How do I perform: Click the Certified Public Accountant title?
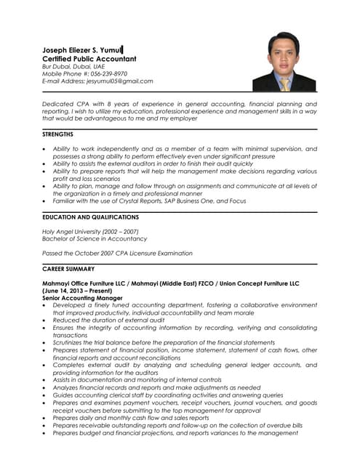(x=89, y=58)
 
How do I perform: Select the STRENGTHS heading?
(x=58, y=134)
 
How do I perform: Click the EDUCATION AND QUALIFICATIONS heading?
(x=90, y=217)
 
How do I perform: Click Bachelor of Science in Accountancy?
(x=95, y=239)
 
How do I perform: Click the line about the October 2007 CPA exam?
(x=118, y=254)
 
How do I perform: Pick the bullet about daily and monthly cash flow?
(x=131, y=418)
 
